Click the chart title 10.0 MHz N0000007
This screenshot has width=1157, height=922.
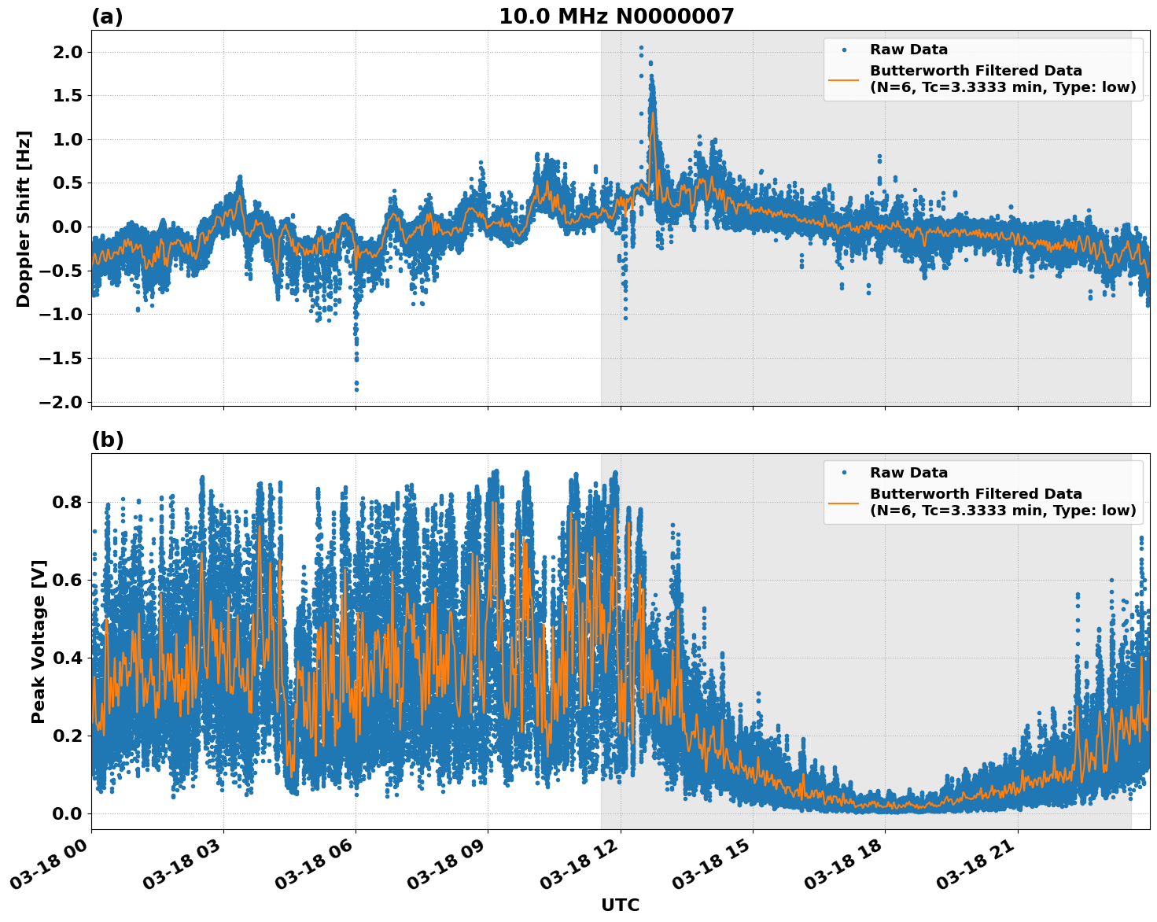point(616,17)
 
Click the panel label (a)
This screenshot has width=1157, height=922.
point(107,17)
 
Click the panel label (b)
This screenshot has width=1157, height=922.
point(107,440)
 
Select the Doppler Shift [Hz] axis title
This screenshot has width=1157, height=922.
point(24,219)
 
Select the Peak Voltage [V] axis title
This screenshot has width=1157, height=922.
point(39,641)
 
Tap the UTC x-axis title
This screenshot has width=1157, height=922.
point(620,905)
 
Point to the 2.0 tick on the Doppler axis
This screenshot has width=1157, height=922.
point(72,52)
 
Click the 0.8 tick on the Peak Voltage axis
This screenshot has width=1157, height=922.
point(72,502)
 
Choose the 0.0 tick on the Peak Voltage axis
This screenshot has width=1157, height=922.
point(72,813)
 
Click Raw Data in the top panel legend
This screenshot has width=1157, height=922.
point(908,50)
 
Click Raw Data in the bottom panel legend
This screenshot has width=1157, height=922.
point(908,473)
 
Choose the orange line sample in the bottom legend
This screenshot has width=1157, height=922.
point(843,502)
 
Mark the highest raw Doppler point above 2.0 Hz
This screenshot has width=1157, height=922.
point(641,48)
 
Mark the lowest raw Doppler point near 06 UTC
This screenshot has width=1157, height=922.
point(356,389)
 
